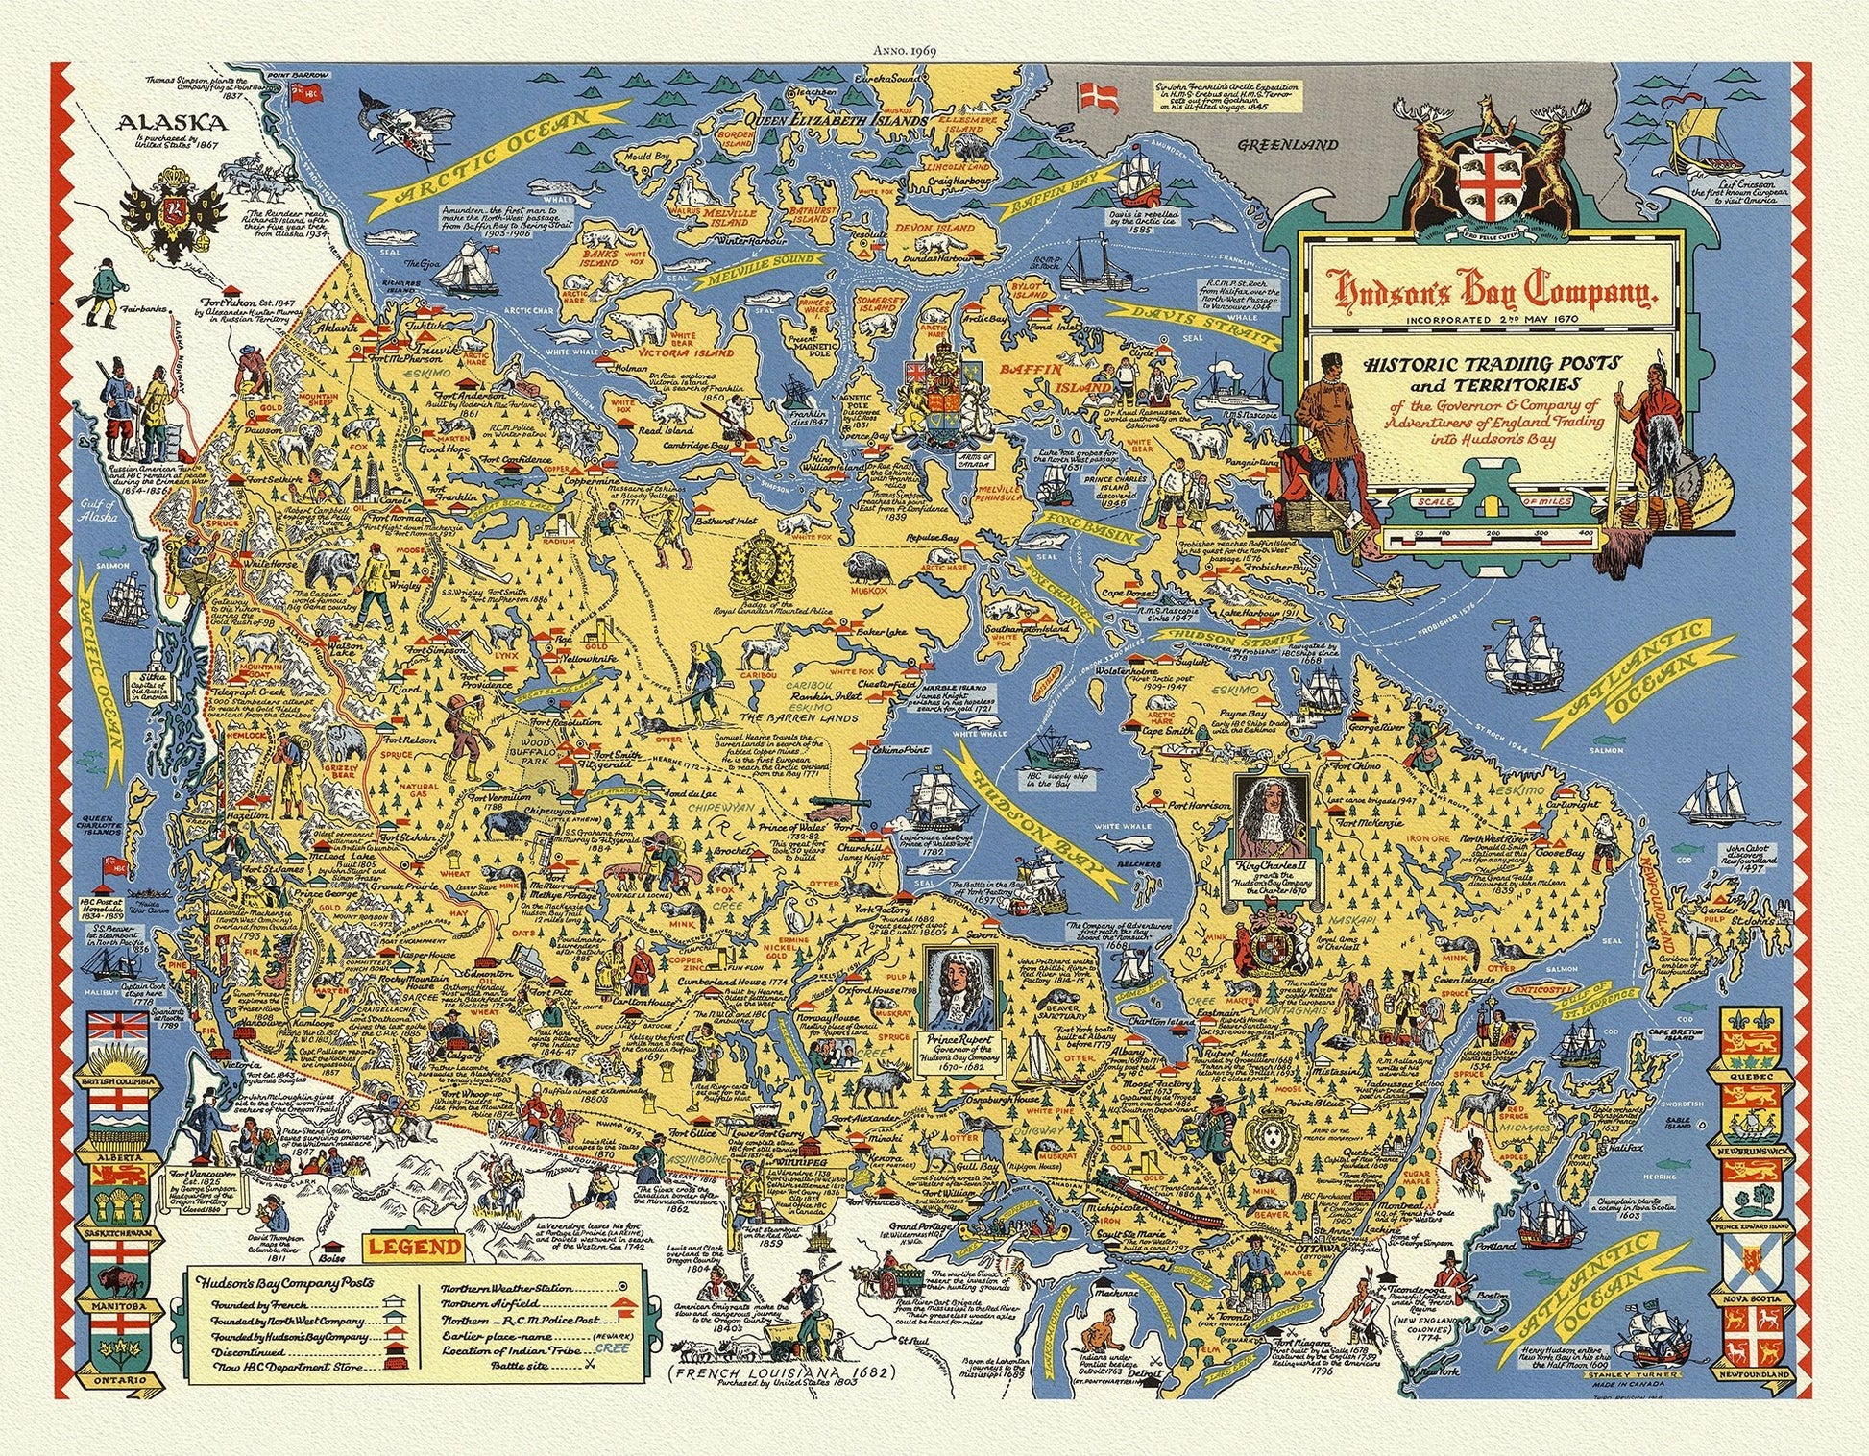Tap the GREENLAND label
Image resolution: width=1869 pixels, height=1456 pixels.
[x=1287, y=145]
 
